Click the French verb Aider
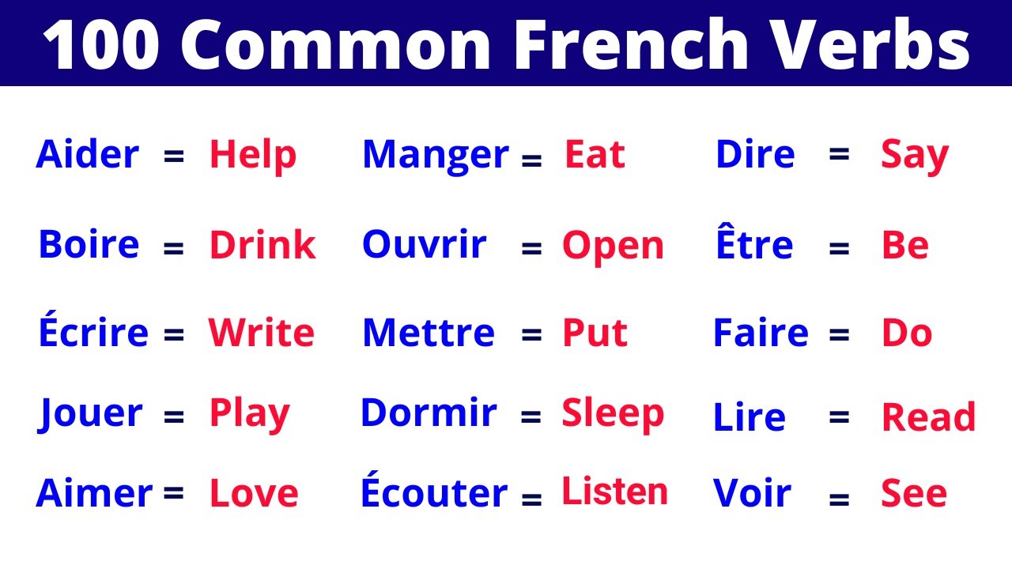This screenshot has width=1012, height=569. click(87, 155)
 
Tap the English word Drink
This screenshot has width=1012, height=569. click(262, 246)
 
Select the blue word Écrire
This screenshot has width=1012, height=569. click(93, 333)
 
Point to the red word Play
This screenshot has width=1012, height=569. click(250, 413)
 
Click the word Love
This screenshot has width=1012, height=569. click(254, 494)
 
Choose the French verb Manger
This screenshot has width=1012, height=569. click(436, 156)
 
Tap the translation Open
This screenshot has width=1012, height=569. click(613, 247)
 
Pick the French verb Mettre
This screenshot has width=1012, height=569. click(429, 333)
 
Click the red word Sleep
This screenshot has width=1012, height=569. click(613, 413)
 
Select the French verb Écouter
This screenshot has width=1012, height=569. click(434, 493)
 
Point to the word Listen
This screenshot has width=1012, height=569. click(614, 492)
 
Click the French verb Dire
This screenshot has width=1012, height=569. click(755, 155)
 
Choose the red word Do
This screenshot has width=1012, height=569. click(907, 333)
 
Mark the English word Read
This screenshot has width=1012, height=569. click(929, 417)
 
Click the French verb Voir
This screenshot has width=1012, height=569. click(752, 493)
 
